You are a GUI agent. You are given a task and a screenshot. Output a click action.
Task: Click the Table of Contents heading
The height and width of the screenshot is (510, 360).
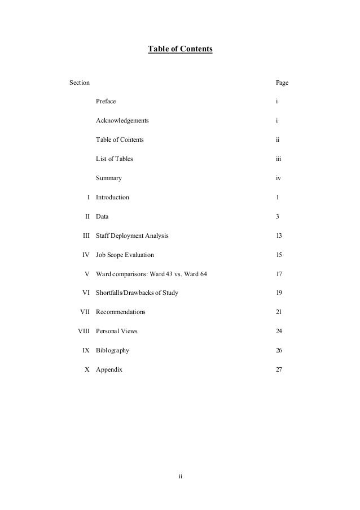coord(180,50)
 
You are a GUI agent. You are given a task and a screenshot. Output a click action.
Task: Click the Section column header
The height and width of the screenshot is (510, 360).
coord(79,83)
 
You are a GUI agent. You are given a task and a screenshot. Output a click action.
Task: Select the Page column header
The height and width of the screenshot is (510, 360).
coord(282,83)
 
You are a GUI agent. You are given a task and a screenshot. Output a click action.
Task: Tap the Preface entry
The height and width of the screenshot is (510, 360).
coord(106,102)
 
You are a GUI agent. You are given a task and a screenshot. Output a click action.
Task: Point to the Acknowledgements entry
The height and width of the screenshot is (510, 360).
coord(122,121)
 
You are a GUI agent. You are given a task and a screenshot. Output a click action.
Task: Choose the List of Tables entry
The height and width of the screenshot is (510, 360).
coord(115,159)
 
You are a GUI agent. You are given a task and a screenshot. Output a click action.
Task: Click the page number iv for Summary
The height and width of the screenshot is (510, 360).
coord(278,178)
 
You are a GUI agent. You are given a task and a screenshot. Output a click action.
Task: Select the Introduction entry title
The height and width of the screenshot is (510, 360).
coord(112,198)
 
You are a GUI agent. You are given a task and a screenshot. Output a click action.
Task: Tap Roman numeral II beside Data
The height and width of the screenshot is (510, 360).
coord(87,217)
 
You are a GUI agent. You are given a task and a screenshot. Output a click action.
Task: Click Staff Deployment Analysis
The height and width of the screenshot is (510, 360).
coord(131,236)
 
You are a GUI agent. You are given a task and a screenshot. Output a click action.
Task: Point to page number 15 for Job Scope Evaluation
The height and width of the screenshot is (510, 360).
coord(279,255)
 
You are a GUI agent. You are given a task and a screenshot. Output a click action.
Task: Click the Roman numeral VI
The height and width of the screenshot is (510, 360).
coord(86,293)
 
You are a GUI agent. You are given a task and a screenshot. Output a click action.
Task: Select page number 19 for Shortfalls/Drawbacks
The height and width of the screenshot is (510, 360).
coord(279,293)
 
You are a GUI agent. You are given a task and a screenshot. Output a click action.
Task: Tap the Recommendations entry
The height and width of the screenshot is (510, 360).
coord(120,312)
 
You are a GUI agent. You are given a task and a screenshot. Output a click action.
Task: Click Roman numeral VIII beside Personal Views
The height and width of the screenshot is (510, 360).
coord(84,332)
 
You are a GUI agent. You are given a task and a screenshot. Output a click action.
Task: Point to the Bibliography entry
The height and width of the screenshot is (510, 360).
coord(112,351)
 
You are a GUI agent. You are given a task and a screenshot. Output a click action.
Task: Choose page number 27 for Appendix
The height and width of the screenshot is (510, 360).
coord(279,370)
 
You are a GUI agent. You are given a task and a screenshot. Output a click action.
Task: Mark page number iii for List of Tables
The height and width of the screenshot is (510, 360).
coord(278,159)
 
